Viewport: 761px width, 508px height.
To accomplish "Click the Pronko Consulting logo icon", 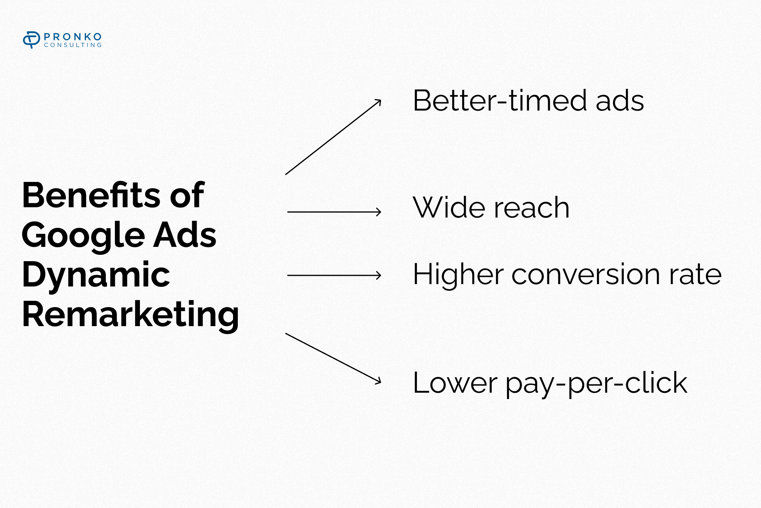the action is click(31, 40).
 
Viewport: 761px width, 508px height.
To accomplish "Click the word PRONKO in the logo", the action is click(73, 37).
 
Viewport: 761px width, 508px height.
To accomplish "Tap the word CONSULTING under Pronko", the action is click(73, 45).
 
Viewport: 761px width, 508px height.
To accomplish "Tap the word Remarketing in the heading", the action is click(130, 315).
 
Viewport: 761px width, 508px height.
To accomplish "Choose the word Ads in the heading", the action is click(185, 235).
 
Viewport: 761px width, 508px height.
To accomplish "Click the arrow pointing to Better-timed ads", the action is click(333, 137).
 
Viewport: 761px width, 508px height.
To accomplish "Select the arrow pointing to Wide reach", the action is click(334, 212).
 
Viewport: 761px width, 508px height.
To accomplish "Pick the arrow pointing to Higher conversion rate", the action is click(334, 275).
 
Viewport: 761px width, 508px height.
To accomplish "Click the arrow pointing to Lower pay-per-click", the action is click(333, 359).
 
